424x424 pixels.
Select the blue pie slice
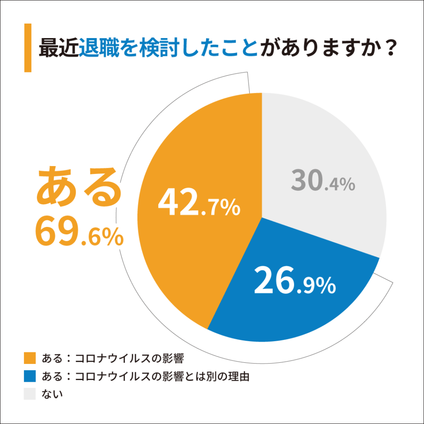(290, 306)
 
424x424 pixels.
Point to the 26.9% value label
(294, 282)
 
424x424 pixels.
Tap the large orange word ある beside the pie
(79, 188)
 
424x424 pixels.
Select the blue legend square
(31, 376)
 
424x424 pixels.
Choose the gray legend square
(31, 394)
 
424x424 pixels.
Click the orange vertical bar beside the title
(28, 48)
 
